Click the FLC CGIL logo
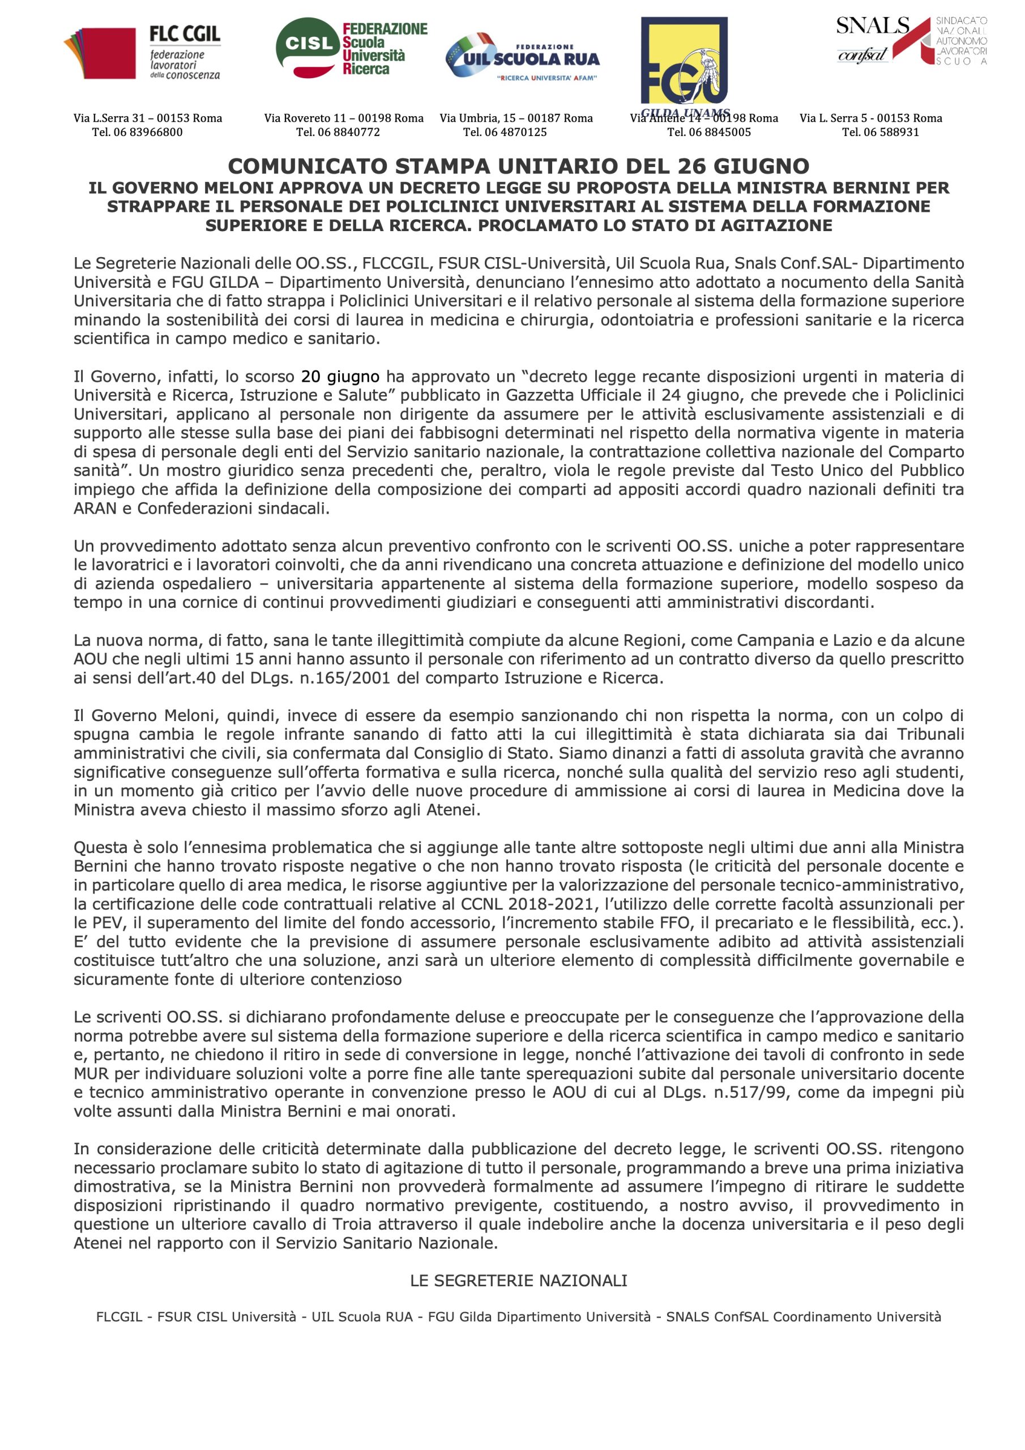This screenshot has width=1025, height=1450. pos(143,53)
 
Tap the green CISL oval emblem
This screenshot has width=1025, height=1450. pos(308,44)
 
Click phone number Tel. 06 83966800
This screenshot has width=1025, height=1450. pos(137,132)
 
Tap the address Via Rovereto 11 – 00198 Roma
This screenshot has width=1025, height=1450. pos(344,118)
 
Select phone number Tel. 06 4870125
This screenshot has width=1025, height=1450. pos(505,132)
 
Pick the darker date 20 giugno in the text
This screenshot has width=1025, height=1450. pos(340,377)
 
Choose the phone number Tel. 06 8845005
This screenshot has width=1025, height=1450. pos(708,132)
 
